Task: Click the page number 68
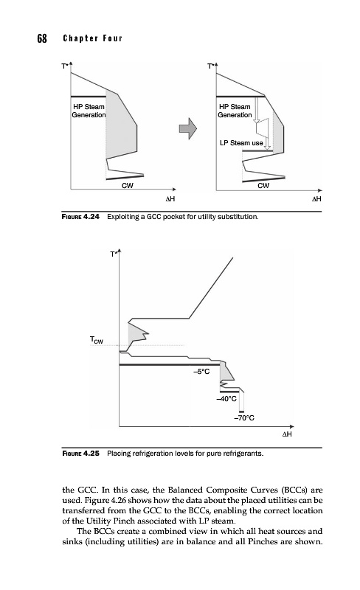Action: (x=42, y=38)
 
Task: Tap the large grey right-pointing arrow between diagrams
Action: (x=188, y=128)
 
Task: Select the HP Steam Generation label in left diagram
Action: (x=89, y=111)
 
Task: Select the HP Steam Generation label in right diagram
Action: (x=235, y=111)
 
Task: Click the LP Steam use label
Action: (x=241, y=143)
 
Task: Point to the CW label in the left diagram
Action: (x=128, y=186)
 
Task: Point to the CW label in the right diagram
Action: (x=263, y=186)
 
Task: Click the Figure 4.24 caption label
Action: (x=80, y=217)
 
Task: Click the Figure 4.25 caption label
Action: (x=80, y=454)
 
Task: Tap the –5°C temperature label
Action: (x=201, y=372)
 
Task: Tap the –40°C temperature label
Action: (x=226, y=399)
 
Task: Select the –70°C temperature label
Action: (x=244, y=418)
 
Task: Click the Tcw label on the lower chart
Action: (x=97, y=340)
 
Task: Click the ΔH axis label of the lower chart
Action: (x=287, y=434)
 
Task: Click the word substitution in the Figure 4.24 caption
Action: (x=240, y=217)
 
